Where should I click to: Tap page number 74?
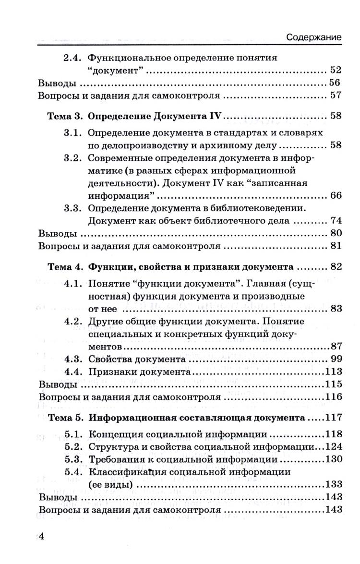335,221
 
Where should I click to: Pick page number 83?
335,309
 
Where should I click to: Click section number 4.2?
74,321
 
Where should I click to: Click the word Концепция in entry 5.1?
115,434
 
